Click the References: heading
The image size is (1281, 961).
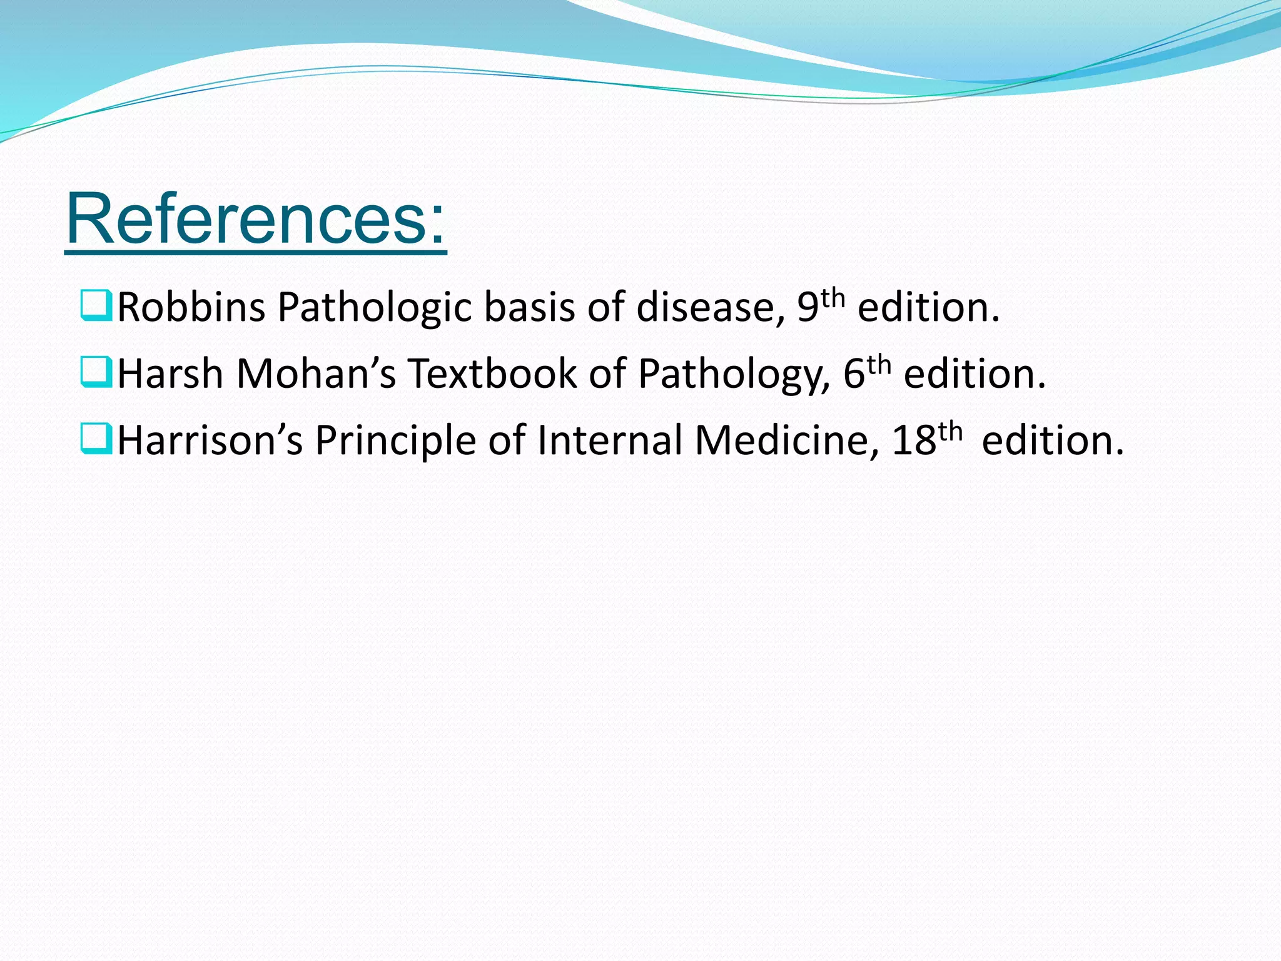pos(256,220)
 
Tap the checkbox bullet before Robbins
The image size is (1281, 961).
pos(96,305)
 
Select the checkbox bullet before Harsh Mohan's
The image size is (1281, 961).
pos(96,372)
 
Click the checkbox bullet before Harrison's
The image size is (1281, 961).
pos(96,439)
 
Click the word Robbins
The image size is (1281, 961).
pos(191,308)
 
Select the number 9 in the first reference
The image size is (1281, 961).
pos(808,308)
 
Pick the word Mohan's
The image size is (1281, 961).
pos(316,374)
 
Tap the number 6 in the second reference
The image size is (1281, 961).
pos(854,374)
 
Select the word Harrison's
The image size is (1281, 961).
pos(210,440)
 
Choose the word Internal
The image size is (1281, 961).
pos(609,440)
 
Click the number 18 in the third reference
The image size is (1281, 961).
pos(914,440)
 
